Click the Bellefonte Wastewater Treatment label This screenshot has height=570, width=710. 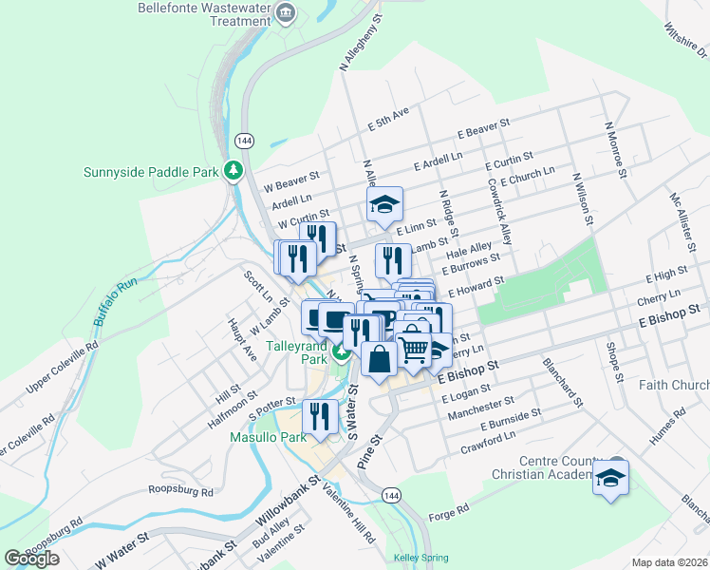(x=203, y=13)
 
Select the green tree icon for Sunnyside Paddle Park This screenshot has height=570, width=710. (x=233, y=171)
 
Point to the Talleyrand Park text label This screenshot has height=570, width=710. (x=296, y=352)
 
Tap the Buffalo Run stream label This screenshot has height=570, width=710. (x=116, y=306)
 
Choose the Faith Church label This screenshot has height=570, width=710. (x=674, y=385)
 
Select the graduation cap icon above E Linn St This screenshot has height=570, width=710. (x=384, y=204)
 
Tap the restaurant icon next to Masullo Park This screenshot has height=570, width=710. (x=320, y=416)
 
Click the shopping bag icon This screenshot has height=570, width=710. (x=379, y=359)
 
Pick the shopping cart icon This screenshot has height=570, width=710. (x=414, y=349)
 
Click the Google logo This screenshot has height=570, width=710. (x=32, y=558)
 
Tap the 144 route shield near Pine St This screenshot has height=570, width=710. (x=390, y=496)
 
